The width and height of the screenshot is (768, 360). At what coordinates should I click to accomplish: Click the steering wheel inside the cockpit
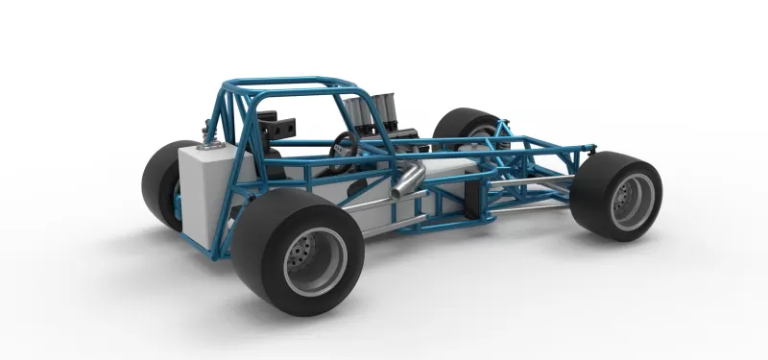click(x=345, y=146)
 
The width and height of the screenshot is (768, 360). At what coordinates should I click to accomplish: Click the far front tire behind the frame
click(x=465, y=131)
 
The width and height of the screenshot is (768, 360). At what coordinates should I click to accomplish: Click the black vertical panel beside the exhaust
click(x=471, y=196)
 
